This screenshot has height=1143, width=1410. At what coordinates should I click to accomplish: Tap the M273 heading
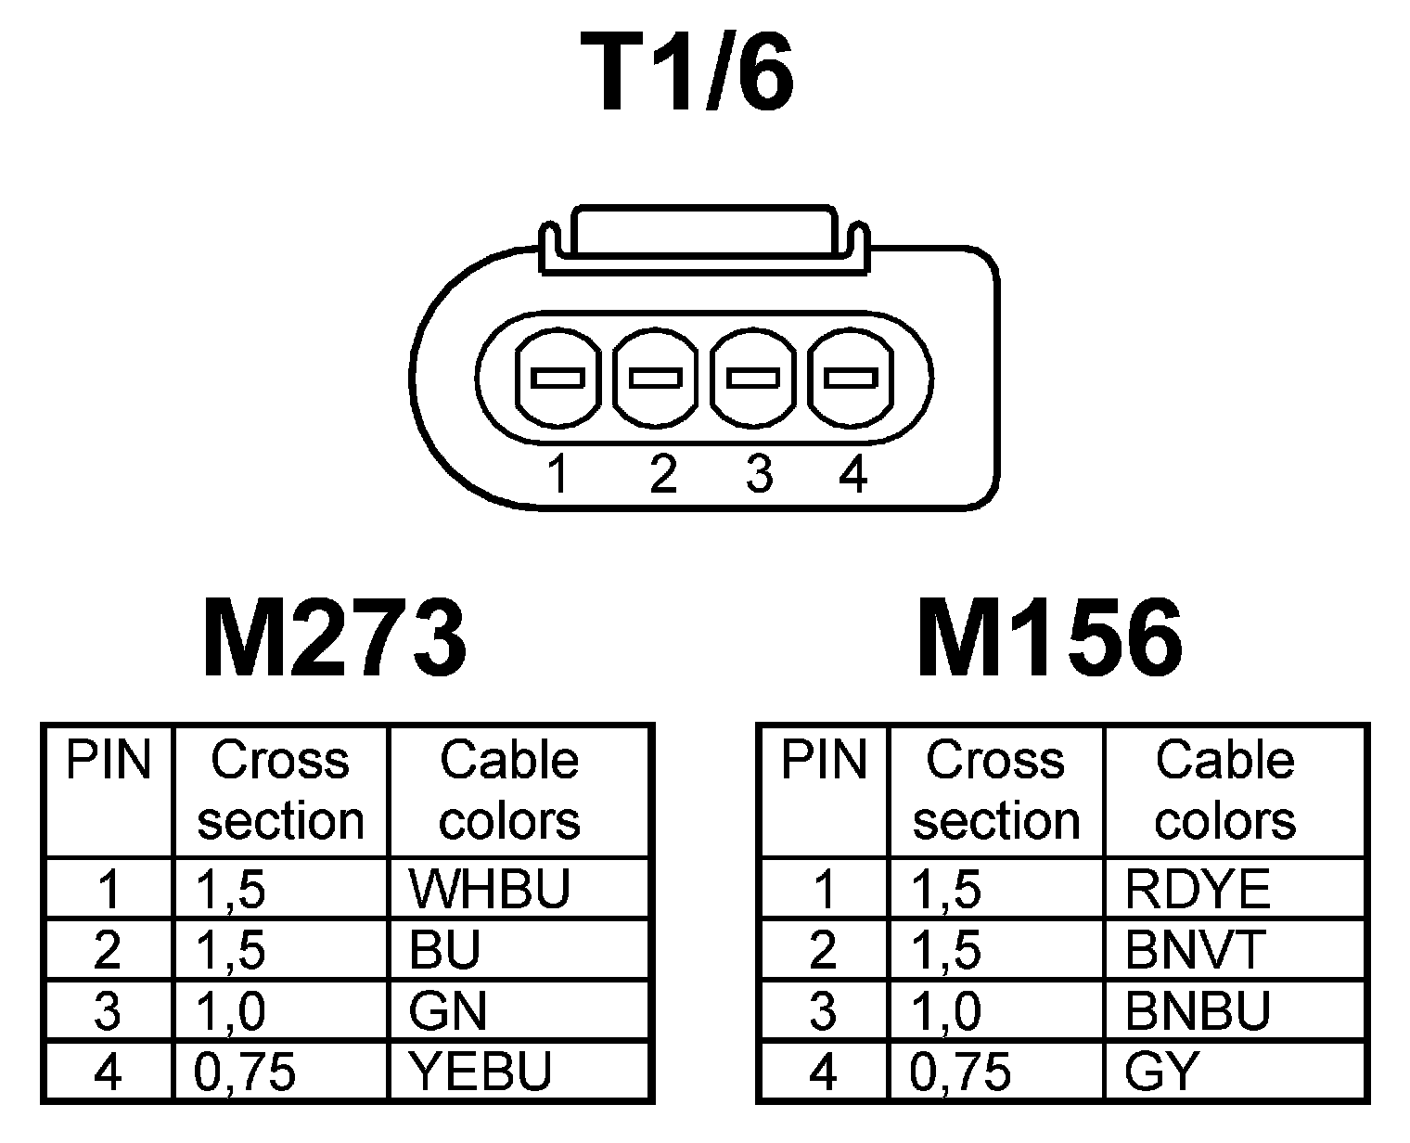pos(334,638)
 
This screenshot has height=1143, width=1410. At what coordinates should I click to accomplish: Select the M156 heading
pos(1050,638)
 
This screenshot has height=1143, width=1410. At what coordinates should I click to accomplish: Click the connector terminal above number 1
pos(557,379)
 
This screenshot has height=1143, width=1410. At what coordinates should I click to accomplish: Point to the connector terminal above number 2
pos(655,379)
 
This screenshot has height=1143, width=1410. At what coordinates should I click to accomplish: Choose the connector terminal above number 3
pos(753,379)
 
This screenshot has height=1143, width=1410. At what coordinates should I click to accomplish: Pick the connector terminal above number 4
pos(852,379)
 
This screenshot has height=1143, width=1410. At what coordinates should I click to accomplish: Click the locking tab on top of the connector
pos(705,232)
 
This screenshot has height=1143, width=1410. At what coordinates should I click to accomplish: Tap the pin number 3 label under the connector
pos(758,475)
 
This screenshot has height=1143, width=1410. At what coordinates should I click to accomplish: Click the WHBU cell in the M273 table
pos(489,889)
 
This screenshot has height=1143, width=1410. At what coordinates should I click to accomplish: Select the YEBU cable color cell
pos(481,1072)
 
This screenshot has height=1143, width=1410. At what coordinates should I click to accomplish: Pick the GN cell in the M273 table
pos(447,1011)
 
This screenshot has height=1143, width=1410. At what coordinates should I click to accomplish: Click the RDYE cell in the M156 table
pos(1197,889)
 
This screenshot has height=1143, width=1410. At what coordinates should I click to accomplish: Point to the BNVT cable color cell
pos(1195,950)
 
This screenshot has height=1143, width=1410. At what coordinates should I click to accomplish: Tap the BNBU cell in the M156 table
pos(1197,1011)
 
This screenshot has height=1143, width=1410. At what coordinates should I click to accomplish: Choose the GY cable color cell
pos(1162,1072)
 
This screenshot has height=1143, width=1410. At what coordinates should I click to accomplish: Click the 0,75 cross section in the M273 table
pos(246,1072)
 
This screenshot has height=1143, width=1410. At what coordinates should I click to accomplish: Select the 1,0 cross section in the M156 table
pos(946,1011)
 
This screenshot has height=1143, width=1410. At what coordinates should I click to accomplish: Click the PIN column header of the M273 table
pos(109,761)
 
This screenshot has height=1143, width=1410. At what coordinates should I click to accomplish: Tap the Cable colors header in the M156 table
pos(1224,790)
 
